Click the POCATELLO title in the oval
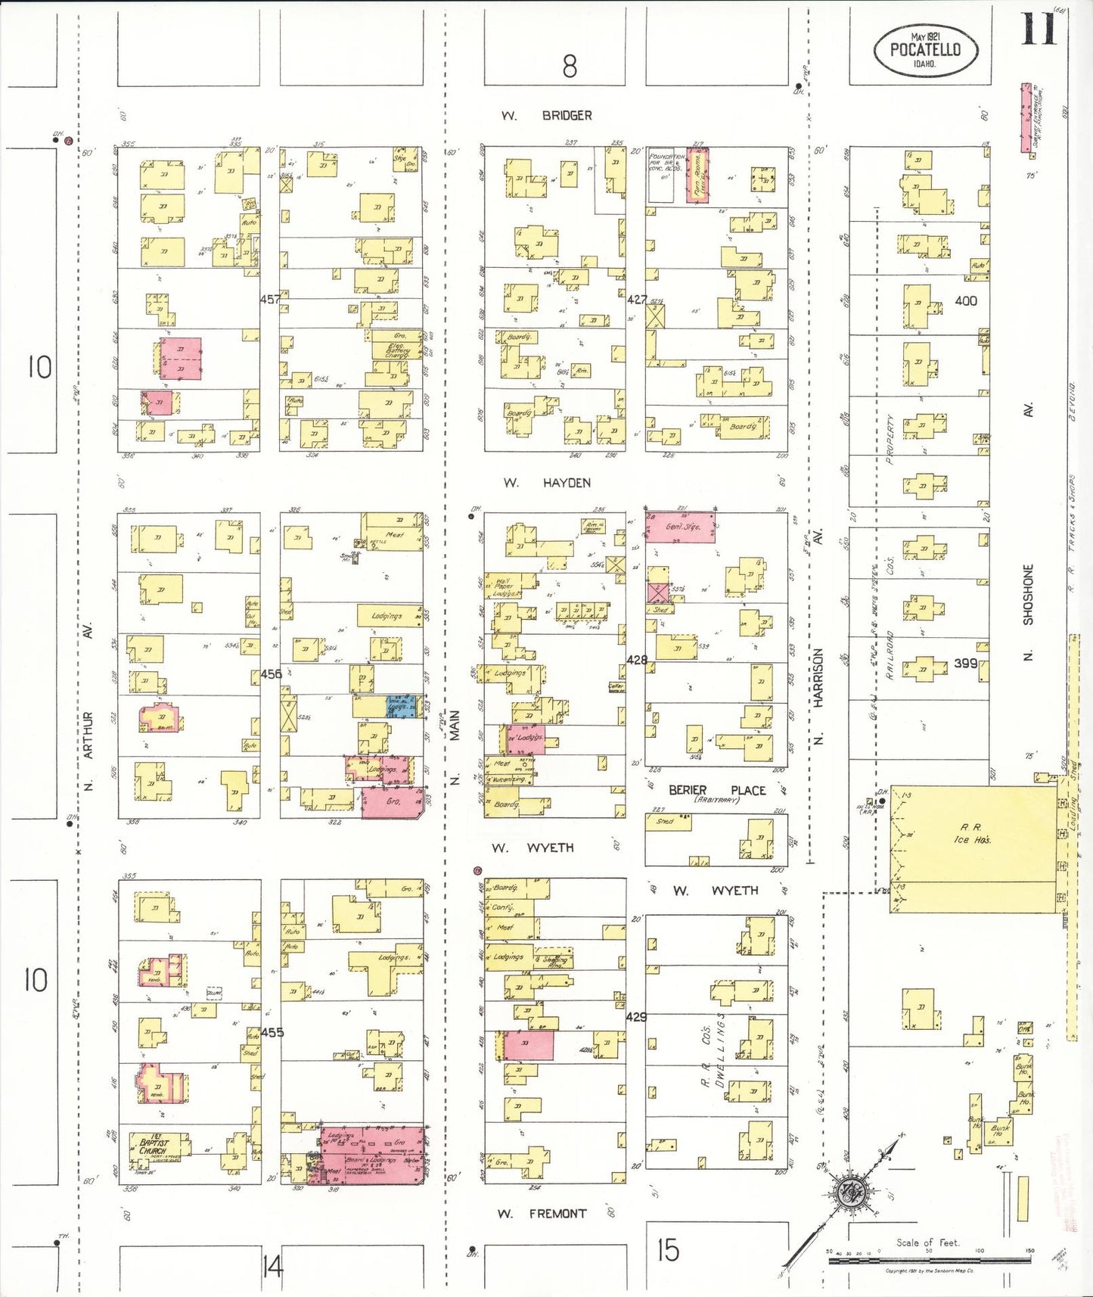(925, 50)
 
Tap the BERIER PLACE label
(717, 790)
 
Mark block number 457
(270, 300)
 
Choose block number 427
(637, 300)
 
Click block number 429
(636, 1017)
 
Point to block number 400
(965, 300)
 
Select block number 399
(965, 663)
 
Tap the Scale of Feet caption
(927, 1243)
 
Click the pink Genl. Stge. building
(680, 527)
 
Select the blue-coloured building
(401, 706)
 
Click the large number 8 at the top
(570, 67)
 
